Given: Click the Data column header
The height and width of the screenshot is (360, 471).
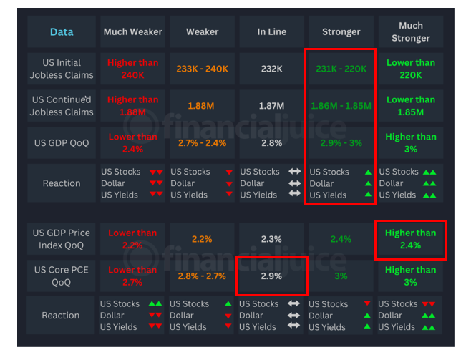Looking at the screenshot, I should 62,32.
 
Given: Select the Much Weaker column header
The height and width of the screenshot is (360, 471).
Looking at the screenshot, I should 132,32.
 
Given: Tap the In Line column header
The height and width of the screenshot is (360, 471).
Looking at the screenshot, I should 271,32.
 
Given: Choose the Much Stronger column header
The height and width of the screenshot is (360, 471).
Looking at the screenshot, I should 410,32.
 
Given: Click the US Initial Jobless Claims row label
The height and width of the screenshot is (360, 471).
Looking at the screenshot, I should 62,69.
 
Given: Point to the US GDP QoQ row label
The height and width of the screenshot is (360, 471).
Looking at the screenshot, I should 62,143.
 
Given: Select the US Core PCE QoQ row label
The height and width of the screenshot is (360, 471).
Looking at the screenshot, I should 62,276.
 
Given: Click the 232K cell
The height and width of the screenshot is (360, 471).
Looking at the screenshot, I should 271,69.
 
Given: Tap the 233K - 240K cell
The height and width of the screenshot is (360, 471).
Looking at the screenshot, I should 202,69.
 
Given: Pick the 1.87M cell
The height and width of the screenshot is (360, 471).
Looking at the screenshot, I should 271,106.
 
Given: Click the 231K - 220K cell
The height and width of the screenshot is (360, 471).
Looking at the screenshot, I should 341,69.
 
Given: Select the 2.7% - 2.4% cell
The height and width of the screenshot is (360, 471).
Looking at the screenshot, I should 202,143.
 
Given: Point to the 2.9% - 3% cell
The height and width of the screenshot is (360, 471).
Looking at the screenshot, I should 341,143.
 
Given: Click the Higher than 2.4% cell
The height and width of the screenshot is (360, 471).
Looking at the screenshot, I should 410,239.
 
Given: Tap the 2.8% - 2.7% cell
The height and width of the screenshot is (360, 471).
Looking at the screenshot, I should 202,276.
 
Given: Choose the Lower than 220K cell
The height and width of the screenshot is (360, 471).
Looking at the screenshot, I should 410,69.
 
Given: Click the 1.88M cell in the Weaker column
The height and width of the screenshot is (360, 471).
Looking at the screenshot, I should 202,106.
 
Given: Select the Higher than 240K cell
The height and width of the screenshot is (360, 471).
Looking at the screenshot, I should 132,69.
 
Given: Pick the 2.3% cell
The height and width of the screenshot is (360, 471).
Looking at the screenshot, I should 271,239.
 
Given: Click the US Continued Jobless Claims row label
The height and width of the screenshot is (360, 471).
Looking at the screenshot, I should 62,106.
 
